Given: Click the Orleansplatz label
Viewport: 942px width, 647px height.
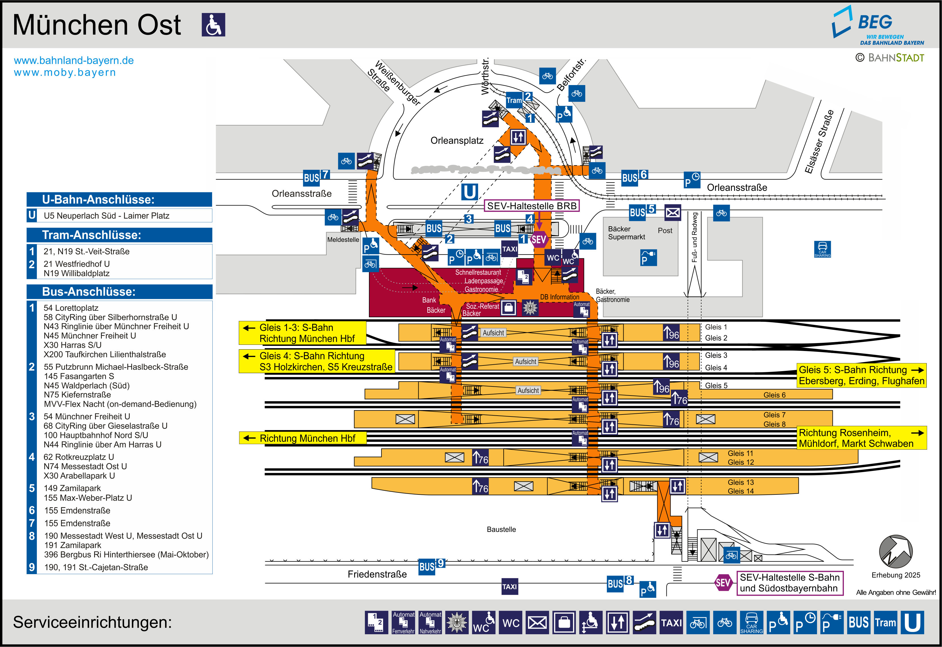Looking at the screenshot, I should pyautogui.click(x=457, y=141).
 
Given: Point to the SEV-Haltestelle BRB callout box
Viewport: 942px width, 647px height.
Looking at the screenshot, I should pyautogui.click(x=531, y=206).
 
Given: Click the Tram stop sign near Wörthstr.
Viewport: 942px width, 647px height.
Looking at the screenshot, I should pyautogui.click(x=514, y=100).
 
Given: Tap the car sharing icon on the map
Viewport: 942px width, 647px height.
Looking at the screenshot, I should pyautogui.click(x=822, y=249).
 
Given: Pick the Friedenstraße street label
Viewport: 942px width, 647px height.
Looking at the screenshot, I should pyautogui.click(x=377, y=574).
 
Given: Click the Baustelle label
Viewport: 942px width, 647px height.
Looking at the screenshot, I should pyautogui.click(x=501, y=529).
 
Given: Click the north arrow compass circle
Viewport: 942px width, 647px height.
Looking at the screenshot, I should pyautogui.click(x=895, y=552).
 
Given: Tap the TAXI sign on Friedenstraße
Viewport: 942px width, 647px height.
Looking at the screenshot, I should pyautogui.click(x=510, y=587).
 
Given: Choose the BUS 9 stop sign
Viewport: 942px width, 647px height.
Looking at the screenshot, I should pyautogui.click(x=431, y=566).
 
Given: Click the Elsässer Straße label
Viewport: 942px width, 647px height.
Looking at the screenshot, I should pyautogui.click(x=819, y=141).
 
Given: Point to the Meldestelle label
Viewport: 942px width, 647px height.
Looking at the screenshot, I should pyautogui.click(x=343, y=240).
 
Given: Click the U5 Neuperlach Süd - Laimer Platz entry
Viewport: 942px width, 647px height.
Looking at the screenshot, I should pyautogui.click(x=107, y=216).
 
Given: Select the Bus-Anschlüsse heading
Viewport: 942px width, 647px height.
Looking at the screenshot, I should pyautogui.click(x=88, y=291).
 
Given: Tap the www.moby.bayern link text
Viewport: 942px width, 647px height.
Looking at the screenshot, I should pyautogui.click(x=65, y=73).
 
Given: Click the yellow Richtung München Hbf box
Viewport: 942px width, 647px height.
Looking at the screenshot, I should pyautogui.click(x=303, y=438).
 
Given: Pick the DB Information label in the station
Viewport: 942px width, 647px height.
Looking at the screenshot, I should pyautogui.click(x=559, y=297).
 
